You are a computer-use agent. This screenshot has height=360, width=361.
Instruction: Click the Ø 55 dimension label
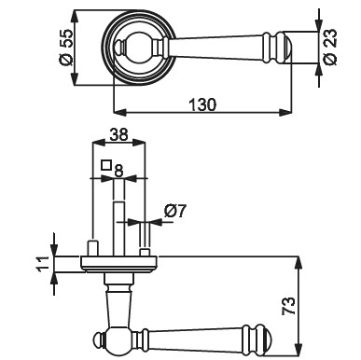pos(66,48)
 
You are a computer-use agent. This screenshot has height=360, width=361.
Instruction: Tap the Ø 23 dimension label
pos(330,47)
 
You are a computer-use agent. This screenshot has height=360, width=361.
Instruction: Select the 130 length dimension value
pos(202,104)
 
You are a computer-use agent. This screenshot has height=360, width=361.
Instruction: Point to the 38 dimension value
pos(119,134)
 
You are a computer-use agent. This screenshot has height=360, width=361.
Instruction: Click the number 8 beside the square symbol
pos(118,171)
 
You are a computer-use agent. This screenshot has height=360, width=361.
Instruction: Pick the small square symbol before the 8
pos(106,165)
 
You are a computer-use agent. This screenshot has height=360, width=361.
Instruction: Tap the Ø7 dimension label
pos(174,212)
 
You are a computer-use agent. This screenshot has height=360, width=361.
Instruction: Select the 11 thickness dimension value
pos(43,265)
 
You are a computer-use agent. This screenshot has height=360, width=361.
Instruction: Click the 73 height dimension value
pos(288,306)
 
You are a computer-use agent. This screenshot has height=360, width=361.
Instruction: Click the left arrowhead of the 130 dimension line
pos(120,112)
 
